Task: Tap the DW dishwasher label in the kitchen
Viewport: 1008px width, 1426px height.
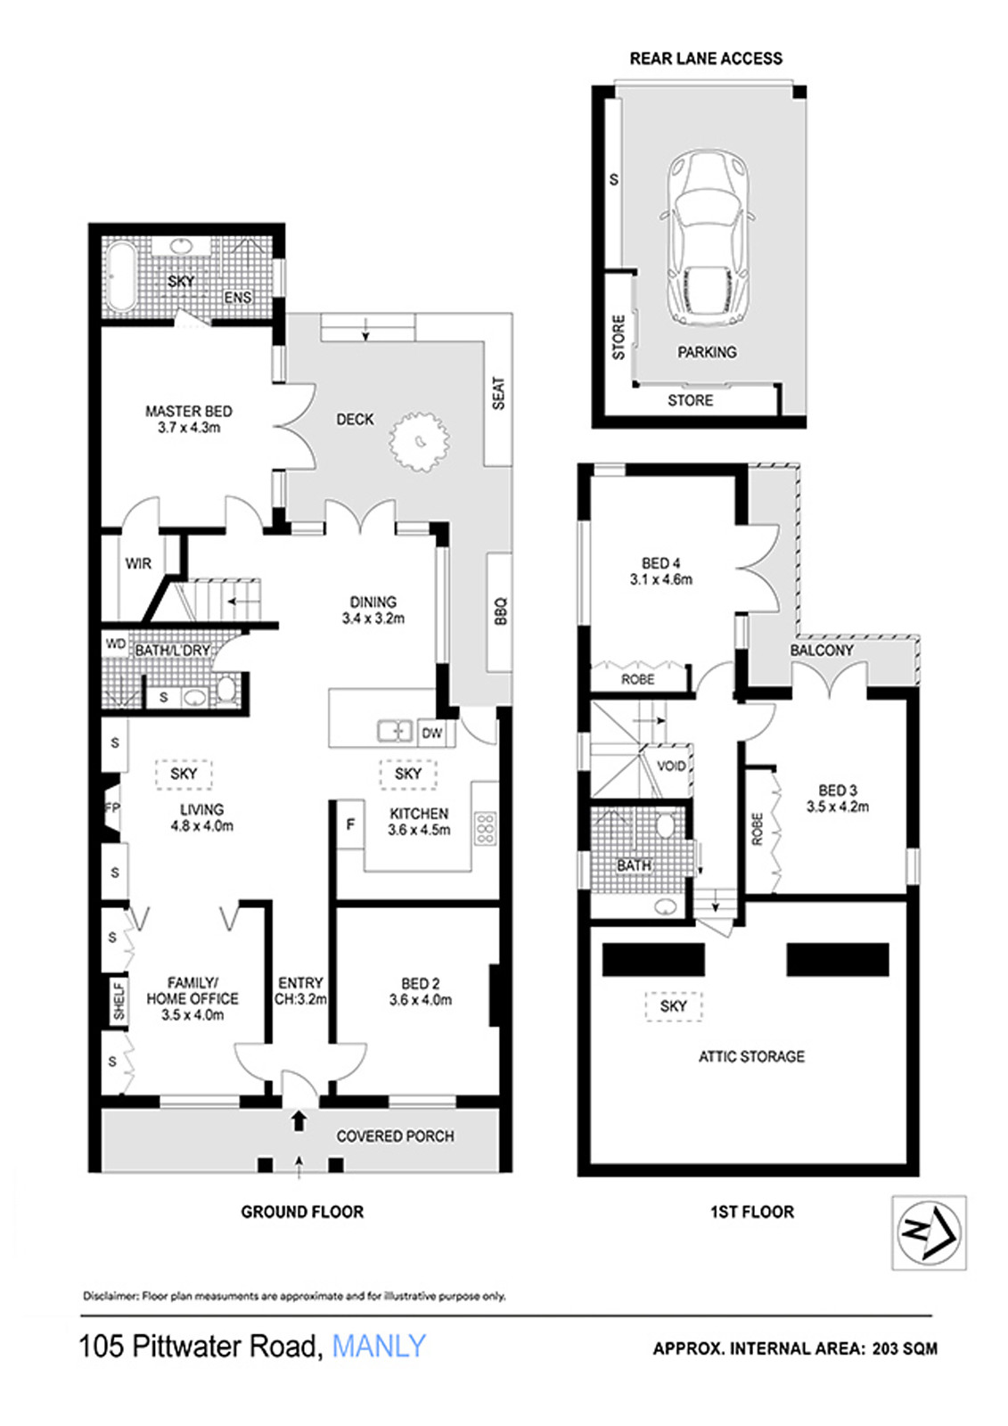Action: [x=431, y=733]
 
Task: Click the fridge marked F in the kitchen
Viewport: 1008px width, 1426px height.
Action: [x=350, y=825]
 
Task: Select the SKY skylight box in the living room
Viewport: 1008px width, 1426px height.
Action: [x=184, y=774]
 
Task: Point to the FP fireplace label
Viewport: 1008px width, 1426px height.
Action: [x=112, y=807]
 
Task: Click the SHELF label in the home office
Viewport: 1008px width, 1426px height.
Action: [x=119, y=1002]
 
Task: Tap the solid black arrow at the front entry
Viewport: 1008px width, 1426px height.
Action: [x=299, y=1121]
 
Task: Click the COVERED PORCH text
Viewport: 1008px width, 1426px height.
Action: [x=396, y=1136]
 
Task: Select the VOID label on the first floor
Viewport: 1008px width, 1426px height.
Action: [x=670, y=766]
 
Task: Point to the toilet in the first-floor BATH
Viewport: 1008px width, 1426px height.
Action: [x=666, y=826]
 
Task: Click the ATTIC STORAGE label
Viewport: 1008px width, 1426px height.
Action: [x=751, y=1056]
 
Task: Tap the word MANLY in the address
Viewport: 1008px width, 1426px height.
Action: [x=378, y=1348]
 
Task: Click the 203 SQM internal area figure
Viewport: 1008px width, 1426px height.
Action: [x=905, y=1348]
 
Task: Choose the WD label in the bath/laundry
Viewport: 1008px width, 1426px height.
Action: [x=115, y=643]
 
